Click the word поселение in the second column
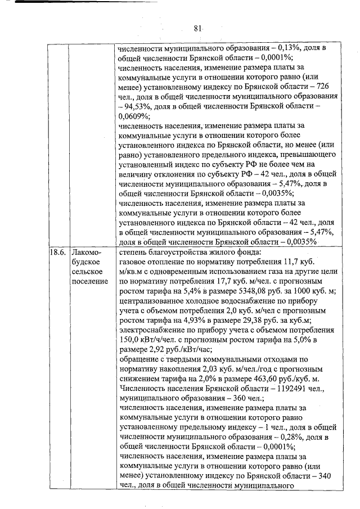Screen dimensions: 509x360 coord(89,281)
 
